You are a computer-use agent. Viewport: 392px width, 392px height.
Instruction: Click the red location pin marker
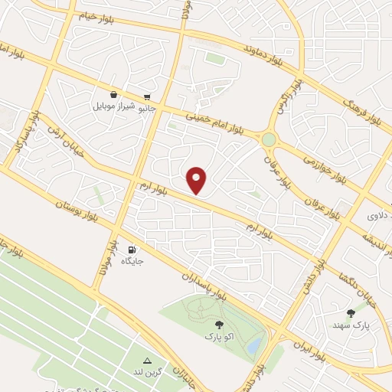[x=197, y=180]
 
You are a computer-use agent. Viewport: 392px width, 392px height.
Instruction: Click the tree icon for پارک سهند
[x=351, y=312]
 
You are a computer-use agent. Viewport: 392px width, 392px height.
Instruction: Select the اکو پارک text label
[x=219, y=335]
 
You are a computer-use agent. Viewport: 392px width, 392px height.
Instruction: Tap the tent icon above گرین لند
[x=147, y=361]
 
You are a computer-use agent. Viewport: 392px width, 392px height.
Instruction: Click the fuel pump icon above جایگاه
[x=132, y=250]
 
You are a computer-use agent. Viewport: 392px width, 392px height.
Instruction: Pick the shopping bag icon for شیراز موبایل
[x=113, y=94]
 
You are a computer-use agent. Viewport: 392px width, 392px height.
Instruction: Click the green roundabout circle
[x=268, y=139]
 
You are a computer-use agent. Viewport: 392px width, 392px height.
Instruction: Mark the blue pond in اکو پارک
[x=253, y=346]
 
